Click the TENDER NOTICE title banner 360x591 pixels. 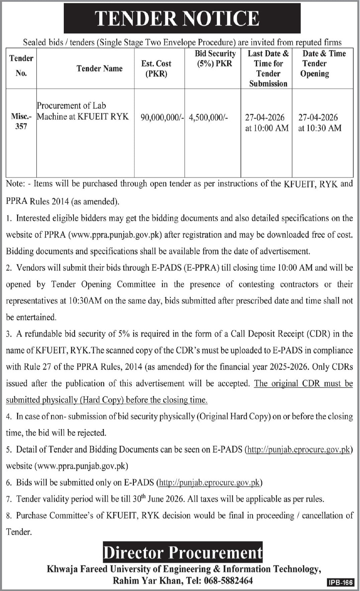[x=182, y=18]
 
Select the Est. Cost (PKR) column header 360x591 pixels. [x=156, y=68]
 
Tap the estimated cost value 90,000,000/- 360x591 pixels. [x=162, y=118]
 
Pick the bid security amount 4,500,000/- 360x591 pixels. [x=208, y=118]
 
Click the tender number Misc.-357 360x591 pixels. [x=21, y=121]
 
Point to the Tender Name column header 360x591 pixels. [x=100, y=68]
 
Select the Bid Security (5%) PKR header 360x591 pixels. [x=215, y=58]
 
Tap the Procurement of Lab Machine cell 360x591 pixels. [x=82, y=111]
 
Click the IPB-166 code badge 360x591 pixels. [x=340, y=582]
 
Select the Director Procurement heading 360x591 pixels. [x=183, y=553]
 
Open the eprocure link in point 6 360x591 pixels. [x=210, y=482]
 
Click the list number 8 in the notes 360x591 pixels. [x=9, y=516]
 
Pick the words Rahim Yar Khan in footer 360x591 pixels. [x=148, y=581]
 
